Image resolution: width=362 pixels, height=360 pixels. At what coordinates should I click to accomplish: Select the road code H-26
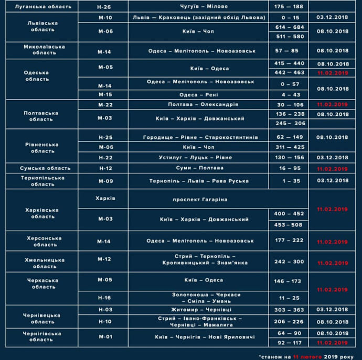(105, 7)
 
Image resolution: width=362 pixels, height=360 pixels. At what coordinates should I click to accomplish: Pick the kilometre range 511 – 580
(289, 37)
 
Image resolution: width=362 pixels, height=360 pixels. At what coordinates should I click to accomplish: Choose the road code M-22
(105, 104)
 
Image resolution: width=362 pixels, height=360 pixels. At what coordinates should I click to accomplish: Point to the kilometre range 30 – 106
(289, 104)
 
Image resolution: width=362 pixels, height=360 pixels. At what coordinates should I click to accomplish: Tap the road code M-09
(105, 181)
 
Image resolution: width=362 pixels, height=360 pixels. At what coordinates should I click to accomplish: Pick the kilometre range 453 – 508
(289, 225)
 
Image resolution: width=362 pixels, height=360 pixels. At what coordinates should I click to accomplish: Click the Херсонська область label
(44, 241)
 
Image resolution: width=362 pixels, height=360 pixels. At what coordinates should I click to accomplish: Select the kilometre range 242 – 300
(289, 261)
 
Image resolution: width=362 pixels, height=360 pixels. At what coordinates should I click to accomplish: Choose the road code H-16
(105, 298)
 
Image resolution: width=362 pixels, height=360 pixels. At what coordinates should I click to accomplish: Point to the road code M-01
(105, 336)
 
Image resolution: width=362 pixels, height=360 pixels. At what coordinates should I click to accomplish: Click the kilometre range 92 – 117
(289, 343)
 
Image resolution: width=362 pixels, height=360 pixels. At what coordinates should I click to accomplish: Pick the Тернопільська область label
(44, 181)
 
